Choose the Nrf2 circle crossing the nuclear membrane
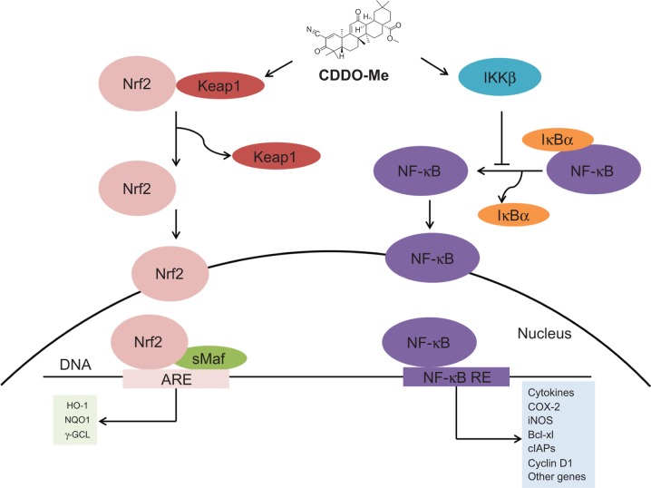(x=168, y=269)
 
